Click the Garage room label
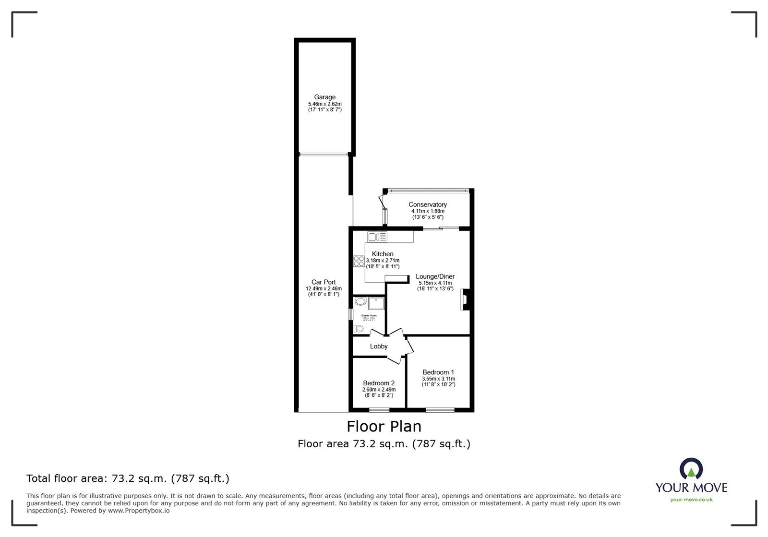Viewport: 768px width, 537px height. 325,97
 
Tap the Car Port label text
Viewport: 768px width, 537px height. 324,282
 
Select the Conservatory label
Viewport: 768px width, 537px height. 428,204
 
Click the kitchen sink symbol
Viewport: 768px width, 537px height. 377,237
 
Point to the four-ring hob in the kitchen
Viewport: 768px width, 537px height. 359,262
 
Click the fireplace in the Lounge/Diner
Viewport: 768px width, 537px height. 465,299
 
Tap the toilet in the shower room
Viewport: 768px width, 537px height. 358,329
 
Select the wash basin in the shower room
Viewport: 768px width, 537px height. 360,302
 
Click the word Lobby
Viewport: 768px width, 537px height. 379,346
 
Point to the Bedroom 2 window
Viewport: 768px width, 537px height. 379,410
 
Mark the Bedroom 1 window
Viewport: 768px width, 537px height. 440,410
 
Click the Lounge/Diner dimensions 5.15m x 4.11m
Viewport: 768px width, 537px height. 435,283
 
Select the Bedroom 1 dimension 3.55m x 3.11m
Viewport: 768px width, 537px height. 438,379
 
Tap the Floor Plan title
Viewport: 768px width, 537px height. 384,426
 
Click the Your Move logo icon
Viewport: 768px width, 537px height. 691,470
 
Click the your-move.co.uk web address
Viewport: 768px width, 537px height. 691,500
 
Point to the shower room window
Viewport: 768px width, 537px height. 350,314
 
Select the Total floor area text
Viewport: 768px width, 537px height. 128,478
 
